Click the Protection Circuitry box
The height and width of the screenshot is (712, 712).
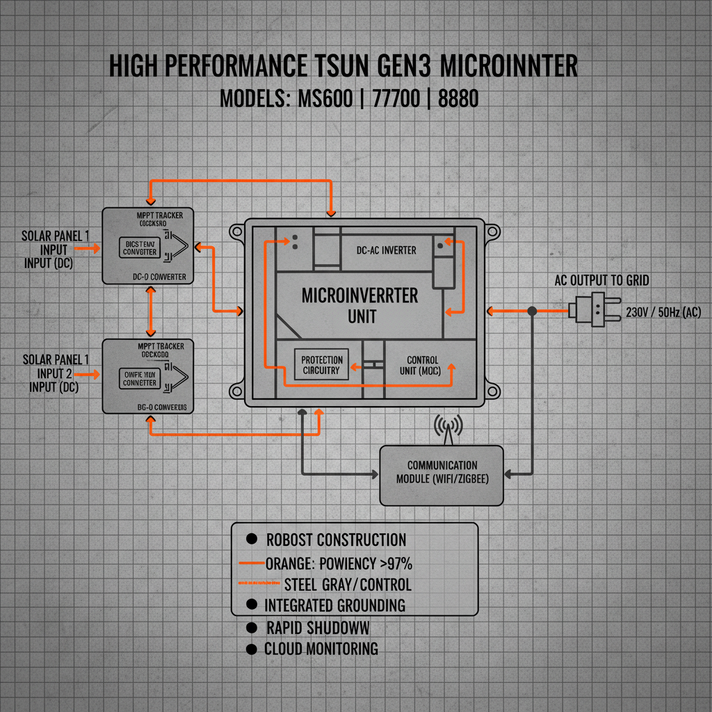(x=321, y=365)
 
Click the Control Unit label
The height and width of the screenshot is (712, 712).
(x=422, y=365)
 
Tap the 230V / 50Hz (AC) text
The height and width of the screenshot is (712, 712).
(x=663, y=311)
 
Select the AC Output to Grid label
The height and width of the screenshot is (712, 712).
(x=602, y=280)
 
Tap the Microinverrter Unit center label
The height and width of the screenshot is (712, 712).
(x=359, y=305)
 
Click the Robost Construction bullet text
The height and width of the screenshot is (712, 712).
(x=336, y=540)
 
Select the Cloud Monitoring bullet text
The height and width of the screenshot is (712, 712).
(x=321, y=649)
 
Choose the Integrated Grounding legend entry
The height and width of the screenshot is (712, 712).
(x=334, y=605)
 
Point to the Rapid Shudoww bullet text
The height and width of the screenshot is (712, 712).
(x=317, y=627)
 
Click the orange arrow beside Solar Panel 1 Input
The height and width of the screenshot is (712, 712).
(x=86, y=247)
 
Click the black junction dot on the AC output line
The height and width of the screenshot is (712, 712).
(x=533, y=310)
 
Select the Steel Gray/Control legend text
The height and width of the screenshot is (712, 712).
(x=348, y=584)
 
